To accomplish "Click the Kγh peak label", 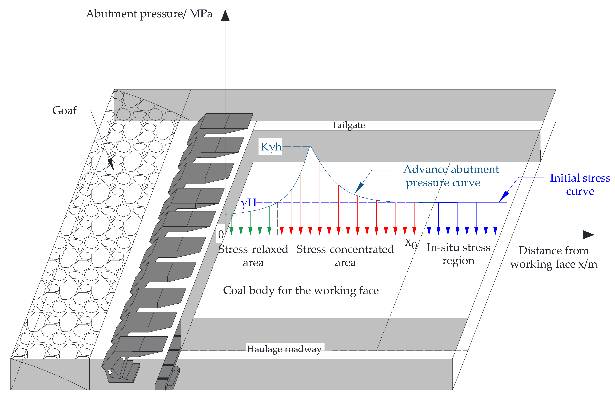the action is point(271,147).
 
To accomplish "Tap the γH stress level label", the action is point(248,203).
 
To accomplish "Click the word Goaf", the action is point(64,110).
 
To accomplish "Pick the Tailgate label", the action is point(348,125).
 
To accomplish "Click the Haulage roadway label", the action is point(284,349).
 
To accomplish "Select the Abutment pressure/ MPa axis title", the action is point(149,14).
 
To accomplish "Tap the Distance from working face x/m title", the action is point(554,257).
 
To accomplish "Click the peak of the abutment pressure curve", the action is point(310,147).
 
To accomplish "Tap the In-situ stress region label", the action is point(458,254).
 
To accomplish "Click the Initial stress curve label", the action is point(580,184).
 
